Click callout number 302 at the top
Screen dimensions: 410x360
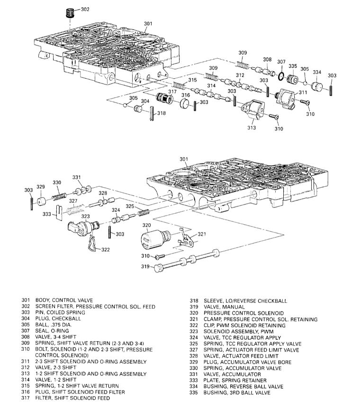[85, 9]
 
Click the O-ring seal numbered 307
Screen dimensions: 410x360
[281, 76]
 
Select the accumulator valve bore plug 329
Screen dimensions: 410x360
[41, 202]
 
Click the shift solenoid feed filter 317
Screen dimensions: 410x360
[164, 100]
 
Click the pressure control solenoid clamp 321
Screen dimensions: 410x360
[187, 239]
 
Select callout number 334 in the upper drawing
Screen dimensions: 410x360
[317, 72]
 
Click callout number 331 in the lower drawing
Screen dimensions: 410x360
[76, 177]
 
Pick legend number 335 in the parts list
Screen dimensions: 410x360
[193, 393]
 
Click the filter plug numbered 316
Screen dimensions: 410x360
[185, 103]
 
